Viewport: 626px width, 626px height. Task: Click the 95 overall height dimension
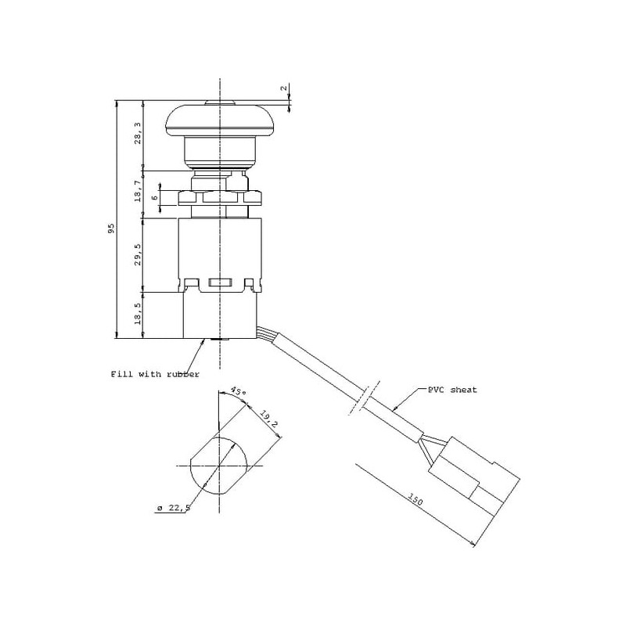[112, 228]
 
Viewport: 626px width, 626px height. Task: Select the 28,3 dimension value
[138, 133]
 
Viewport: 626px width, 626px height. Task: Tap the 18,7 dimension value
[138, 191]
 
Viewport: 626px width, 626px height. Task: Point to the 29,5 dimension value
[138, 255]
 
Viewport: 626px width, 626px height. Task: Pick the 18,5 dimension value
[138, 313]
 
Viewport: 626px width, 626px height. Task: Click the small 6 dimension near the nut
[155, 197]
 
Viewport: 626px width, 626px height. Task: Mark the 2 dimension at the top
[284, 88]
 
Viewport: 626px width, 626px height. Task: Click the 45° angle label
[239, 391]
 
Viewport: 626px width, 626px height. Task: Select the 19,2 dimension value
[268, 419]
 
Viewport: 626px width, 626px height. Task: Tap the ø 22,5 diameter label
[173, 507]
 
